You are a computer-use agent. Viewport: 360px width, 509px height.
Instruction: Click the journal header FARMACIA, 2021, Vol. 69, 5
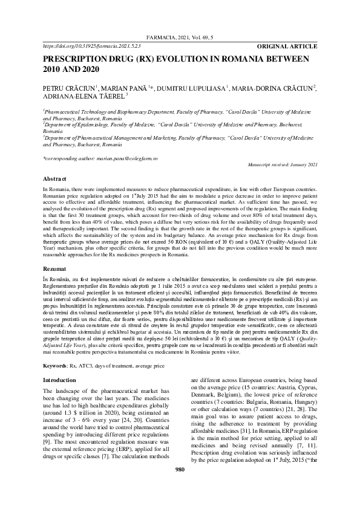(180, 37)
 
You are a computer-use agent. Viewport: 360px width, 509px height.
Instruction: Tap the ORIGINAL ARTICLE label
(287, 46)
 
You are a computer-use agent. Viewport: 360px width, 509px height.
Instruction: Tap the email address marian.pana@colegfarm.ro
(129, 158)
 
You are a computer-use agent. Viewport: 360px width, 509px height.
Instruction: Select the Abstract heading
(54, 179)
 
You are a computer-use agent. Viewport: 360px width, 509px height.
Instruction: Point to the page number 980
(180, 487)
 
